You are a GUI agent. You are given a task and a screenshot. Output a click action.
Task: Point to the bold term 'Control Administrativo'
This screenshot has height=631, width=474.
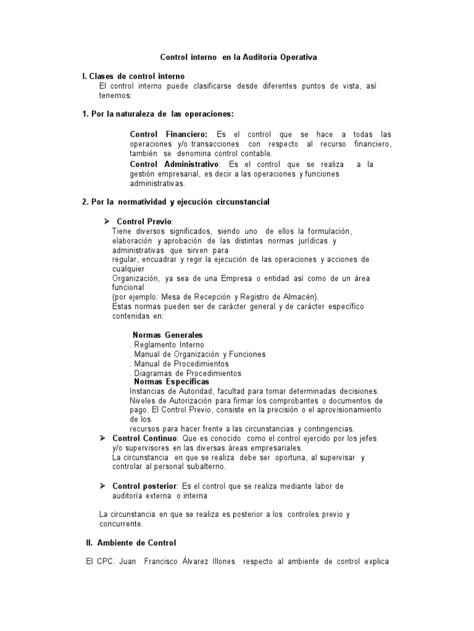click(174, 164)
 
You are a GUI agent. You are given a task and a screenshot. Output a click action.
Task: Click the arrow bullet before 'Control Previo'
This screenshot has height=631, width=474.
click(106, 221)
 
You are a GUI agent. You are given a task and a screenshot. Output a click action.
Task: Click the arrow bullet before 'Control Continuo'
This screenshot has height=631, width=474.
click(104, 438)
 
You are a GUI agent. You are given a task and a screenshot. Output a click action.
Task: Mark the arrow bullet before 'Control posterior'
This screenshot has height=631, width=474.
click(104, 486)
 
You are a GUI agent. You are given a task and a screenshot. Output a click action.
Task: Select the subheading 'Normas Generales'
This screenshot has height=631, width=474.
click(168, 335)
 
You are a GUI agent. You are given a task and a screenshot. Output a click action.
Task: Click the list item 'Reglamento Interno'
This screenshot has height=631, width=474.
click(168, 344)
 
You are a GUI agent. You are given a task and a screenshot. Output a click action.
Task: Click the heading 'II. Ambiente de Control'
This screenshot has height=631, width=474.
click(130, 543)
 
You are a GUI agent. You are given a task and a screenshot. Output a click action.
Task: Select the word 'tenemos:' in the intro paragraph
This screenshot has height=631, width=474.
click(115, 95)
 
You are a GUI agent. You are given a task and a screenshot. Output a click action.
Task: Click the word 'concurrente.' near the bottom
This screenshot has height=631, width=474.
click(121, 524)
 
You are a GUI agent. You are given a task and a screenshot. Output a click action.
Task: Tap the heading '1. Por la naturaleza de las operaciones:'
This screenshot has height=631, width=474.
click(157, 114)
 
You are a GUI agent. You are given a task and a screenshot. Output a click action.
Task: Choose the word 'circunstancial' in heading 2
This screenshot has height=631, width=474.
click(242, 202)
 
